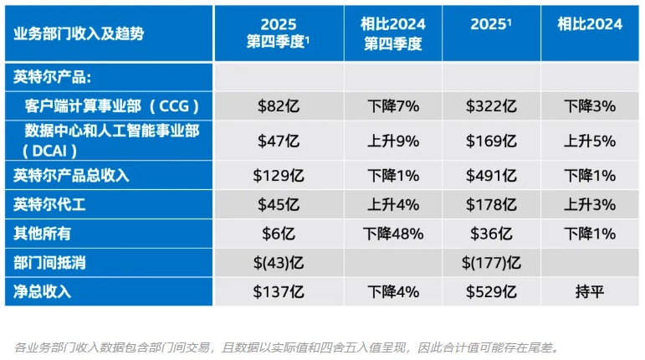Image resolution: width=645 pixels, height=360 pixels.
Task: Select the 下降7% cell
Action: click(x=392, y=106)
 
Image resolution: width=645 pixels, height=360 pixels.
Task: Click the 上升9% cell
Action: click(x=392, y=141)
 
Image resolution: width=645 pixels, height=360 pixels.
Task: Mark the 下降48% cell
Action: click(x=392, y=234)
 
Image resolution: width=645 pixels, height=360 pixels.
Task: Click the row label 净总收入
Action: click(x=43, y=292)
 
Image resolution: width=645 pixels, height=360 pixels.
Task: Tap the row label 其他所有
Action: click(x=43, y=234)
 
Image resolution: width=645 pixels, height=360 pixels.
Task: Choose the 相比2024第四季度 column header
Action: click(x=392, y=33)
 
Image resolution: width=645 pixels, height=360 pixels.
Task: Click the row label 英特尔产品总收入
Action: click(x=71, y=176)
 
